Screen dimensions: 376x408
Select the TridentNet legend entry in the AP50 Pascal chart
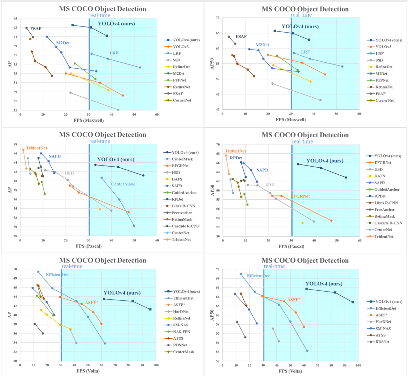click(x=384, y=236)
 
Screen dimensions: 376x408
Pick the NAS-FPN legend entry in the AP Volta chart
click(x=181, y=332)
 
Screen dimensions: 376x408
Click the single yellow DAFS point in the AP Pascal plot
click(x=100, y=209)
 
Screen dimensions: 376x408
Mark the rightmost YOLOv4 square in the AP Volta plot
click(x=150, y=309)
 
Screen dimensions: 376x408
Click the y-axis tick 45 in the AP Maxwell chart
click(x=15, y=18)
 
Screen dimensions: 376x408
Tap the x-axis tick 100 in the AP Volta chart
click(x=156, y=365)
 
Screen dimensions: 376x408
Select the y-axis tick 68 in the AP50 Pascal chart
click(x=218, y=154)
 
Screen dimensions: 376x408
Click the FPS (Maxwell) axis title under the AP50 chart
click(x=290, y=120)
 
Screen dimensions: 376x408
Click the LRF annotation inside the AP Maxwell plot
click(x=114, y=53)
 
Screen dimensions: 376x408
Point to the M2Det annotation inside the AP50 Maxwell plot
click(x=262, y=45)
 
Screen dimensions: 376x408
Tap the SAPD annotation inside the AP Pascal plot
click(x=55, y=156)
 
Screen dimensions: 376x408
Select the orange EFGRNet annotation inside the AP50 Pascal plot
click(x=300, y=196)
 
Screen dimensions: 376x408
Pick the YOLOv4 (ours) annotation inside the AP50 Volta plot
click(x=324, y=284)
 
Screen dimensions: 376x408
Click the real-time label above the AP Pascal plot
click(x=100, y=141)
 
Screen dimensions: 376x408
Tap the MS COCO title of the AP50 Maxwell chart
click(x=305, y=9)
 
